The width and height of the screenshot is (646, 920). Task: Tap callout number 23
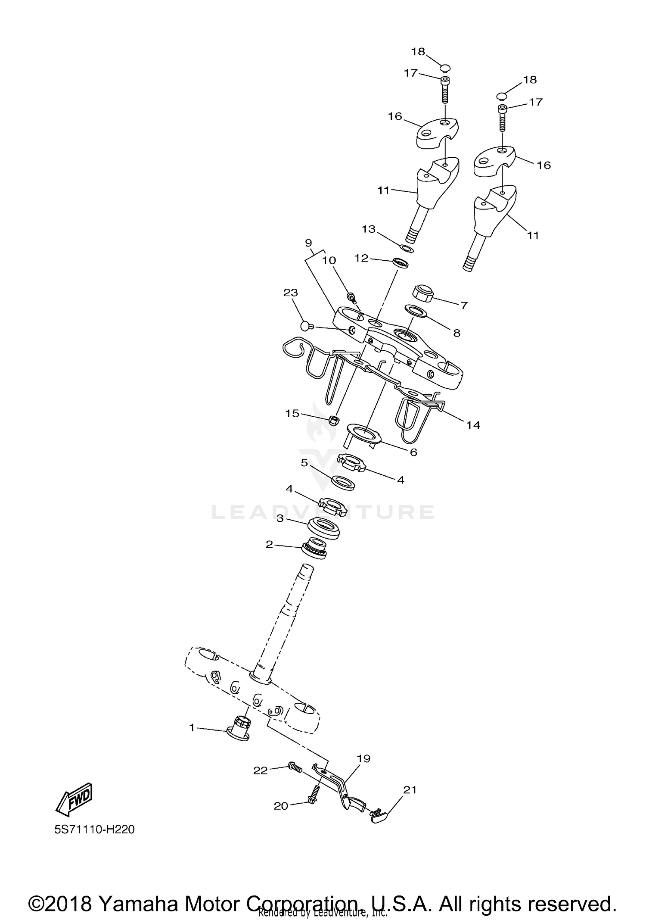[x=290, y=293]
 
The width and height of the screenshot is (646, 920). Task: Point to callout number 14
[x=473, y=425]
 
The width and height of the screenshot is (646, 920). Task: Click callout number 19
[x=364, y=758]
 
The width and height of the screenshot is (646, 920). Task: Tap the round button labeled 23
[x=307, y=327]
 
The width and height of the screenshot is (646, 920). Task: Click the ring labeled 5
[x=343, y=483]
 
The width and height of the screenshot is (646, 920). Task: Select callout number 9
[x=308, y=243]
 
